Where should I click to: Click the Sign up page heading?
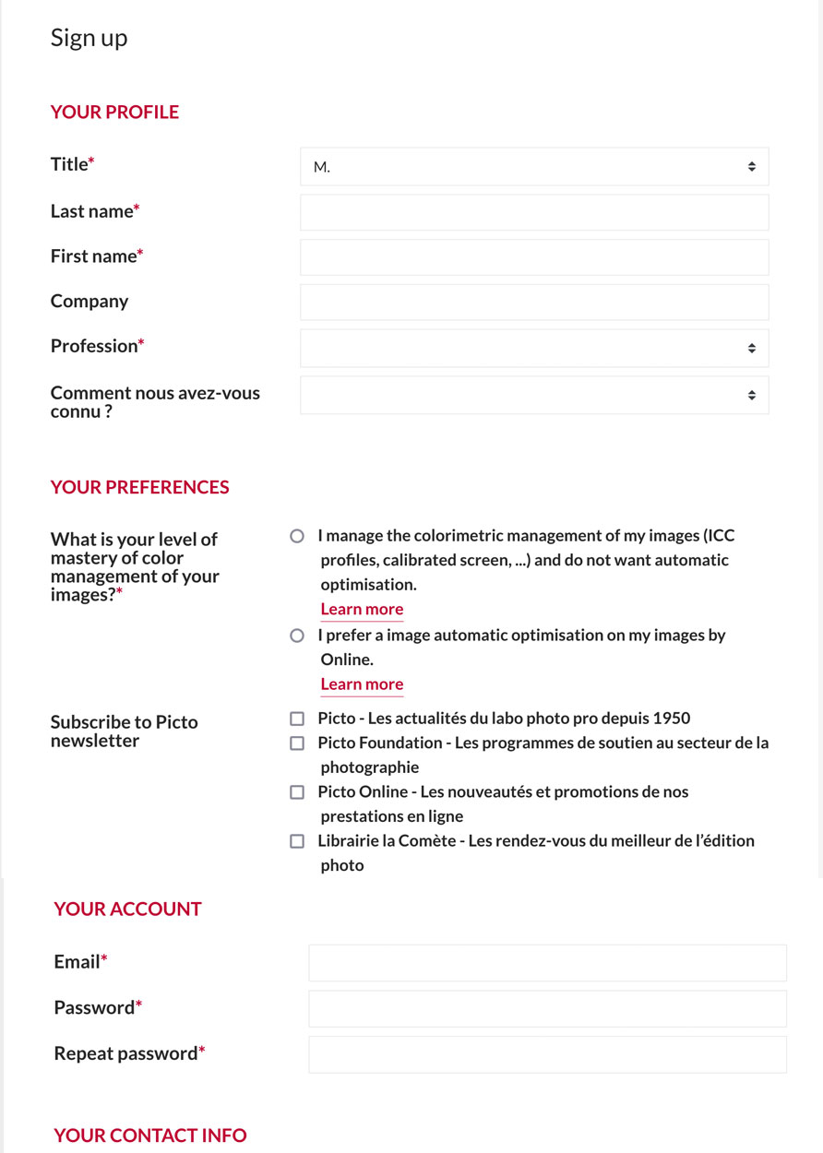89,38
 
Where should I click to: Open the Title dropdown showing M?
534,167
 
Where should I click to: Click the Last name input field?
534,212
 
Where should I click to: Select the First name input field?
534,257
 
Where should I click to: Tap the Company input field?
534,303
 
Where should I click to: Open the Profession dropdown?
534,348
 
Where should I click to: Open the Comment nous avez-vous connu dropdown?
534,395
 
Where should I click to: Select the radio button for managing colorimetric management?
297,536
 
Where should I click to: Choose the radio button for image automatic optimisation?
297,636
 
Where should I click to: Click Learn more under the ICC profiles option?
362,609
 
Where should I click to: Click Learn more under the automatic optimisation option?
362,684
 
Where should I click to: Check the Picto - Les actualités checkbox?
297,719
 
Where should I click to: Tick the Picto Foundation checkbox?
297,743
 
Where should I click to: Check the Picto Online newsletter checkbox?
297,792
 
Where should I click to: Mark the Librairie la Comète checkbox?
297,841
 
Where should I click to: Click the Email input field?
547,963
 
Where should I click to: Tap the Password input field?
547,1009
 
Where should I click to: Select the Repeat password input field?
547,1054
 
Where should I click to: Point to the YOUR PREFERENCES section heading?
140,487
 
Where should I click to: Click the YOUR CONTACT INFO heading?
150,1135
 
